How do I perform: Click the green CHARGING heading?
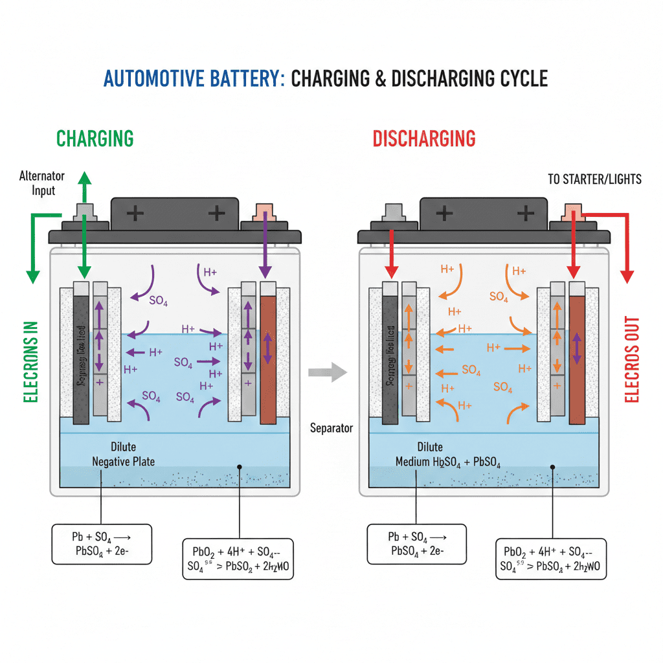(95, 139)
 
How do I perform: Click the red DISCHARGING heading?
(424, 139)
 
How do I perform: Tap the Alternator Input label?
(38, 183)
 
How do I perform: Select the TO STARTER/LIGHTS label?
(594, 179)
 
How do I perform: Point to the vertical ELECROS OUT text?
(633, 359)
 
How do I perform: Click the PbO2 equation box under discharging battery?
(551, 558)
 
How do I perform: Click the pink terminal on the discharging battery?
(572, 212)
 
